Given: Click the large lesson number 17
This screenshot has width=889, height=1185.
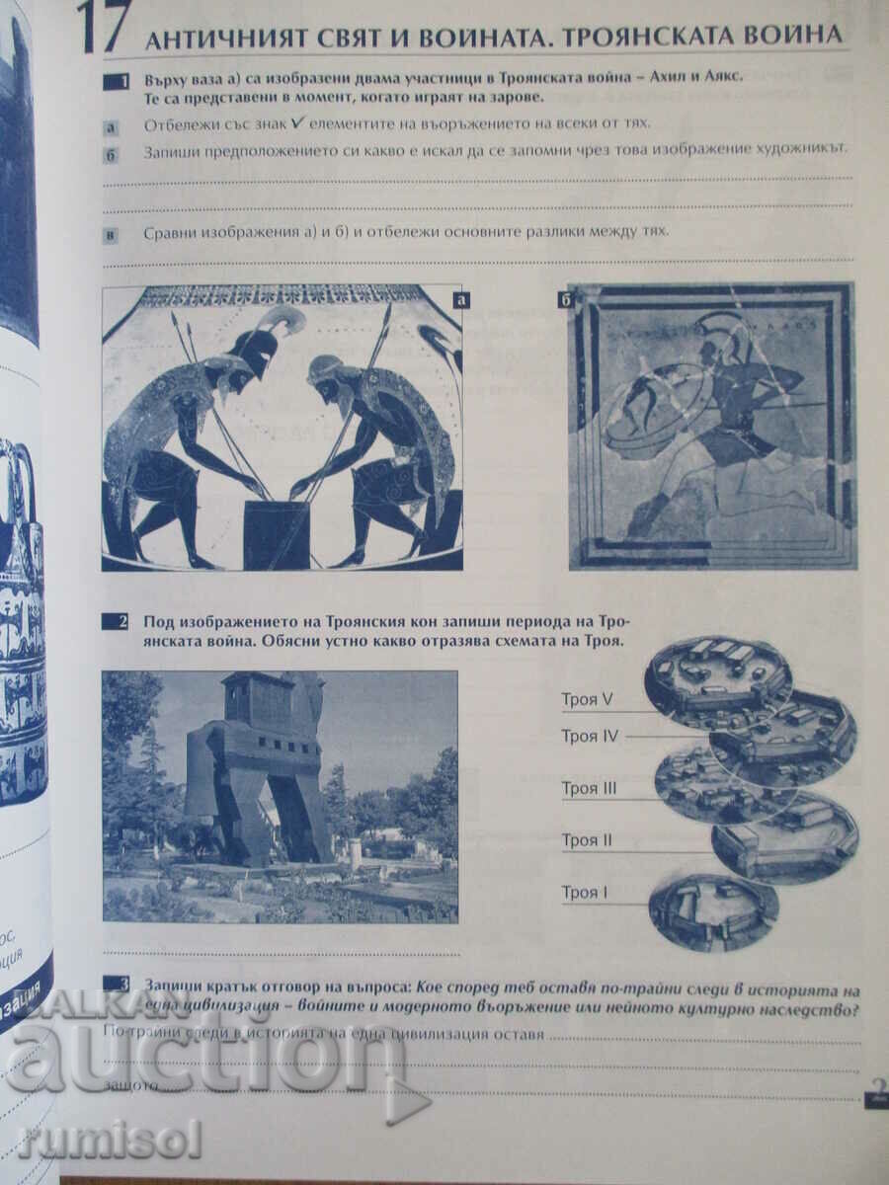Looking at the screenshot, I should coord(103,30).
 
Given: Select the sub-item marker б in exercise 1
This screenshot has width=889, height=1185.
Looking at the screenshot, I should coord(111,153).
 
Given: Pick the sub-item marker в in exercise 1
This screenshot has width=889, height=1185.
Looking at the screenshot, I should coord(111,234).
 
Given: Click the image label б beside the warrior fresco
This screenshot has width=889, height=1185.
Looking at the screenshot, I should coord(564,299).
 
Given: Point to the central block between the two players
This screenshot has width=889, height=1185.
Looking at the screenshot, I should coord(277,533).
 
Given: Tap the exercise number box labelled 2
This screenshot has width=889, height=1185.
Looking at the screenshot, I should coord(116,622).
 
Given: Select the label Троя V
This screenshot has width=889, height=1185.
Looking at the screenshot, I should coord(588,699).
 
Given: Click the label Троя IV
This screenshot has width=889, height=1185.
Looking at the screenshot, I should coord(590,736).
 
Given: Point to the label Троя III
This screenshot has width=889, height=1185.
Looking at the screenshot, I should coord(589,788).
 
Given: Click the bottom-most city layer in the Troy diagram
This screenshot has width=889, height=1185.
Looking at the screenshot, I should coord(712,911).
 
